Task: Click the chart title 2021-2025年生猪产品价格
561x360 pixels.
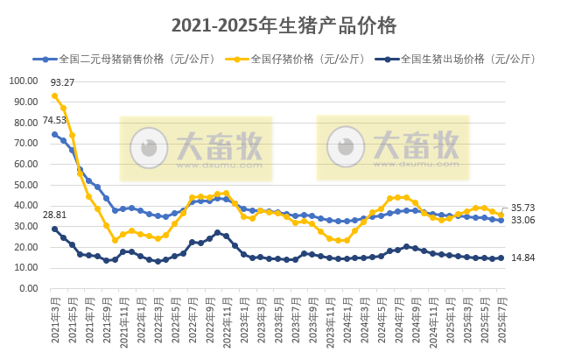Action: click(284, 26)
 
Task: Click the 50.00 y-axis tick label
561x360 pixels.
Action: click(28, 185)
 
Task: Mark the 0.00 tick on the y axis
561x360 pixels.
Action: click(31, 288)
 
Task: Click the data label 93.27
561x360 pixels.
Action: click(62, 83)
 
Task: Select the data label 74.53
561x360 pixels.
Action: click(54, 120)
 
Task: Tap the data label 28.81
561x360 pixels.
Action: click(54, 215)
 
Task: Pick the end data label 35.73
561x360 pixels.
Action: click(522, 208)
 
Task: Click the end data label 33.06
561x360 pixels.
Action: click(522, 221)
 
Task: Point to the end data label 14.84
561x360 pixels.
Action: click(522, 258)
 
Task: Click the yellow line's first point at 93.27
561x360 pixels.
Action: click(54, 95)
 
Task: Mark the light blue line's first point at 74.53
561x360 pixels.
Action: click(54, 134)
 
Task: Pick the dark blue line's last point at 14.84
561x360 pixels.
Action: click(501, 258)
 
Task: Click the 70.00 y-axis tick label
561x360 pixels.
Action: click(28, 143)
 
